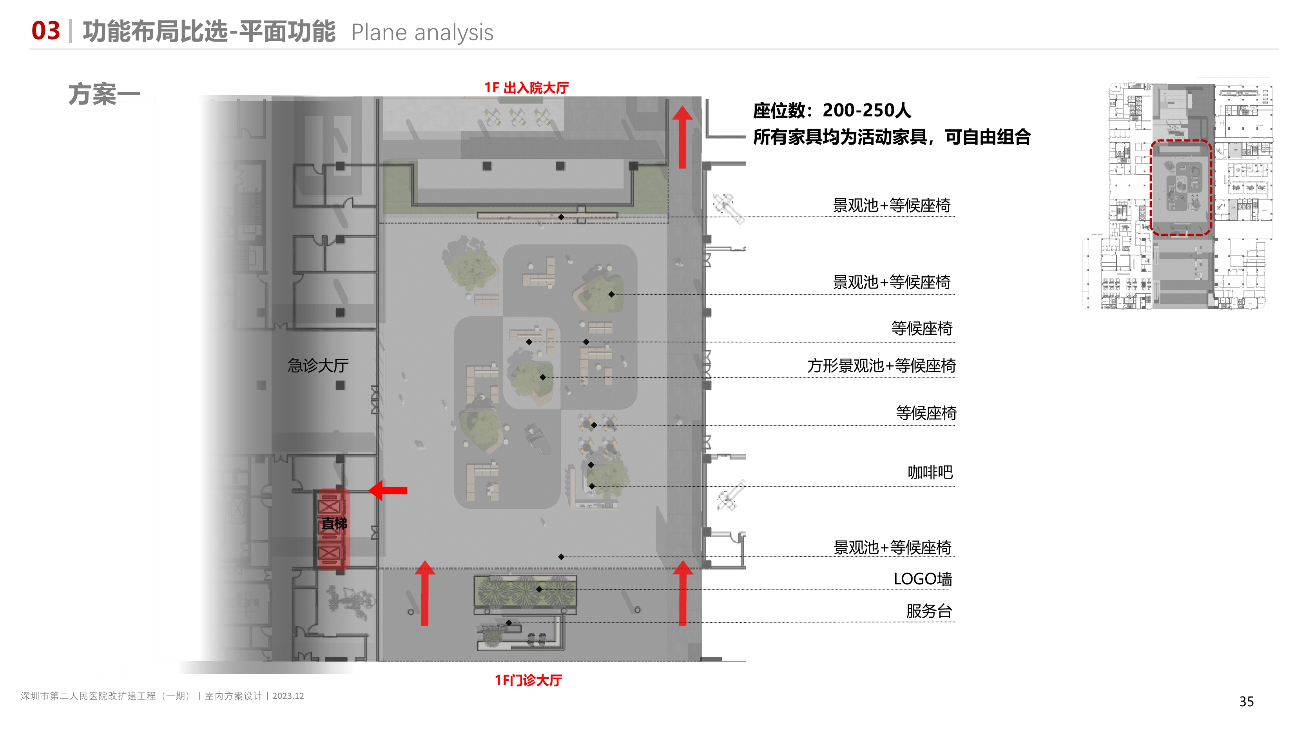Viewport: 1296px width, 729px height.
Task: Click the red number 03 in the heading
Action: [x=45, y=31]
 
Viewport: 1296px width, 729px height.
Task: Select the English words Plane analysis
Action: [x=422, y=33]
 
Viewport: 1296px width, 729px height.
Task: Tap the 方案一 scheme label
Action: [x=104, y=94]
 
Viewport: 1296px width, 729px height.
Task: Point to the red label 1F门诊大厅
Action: [x=528, y=680]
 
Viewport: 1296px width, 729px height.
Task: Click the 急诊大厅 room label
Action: [x=318, y=365]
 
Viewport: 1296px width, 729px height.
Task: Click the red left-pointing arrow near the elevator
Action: [x=388, y=490]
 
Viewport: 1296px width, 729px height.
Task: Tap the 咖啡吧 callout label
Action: [x=930, y=472]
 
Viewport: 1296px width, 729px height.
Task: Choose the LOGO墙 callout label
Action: [x=923, y=579]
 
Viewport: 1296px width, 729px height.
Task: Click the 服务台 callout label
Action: [x=929, y=611]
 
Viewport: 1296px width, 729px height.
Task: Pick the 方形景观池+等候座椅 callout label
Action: [x=881, y=366]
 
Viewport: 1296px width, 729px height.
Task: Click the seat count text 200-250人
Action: [x=866, y=110]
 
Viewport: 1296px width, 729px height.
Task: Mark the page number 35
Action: [x=1246, y=701]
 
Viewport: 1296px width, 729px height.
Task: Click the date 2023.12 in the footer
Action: [x=288, y=696]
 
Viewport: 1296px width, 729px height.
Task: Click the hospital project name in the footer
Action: [x=106, y=696]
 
